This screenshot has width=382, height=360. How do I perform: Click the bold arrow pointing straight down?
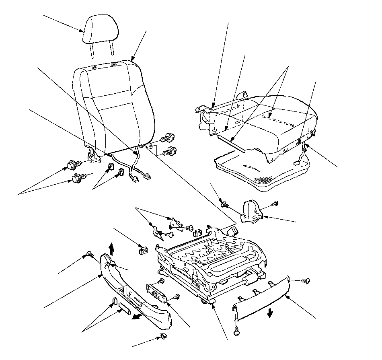click(269, 312)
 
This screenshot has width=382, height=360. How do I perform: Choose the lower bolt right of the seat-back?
click(169, 152)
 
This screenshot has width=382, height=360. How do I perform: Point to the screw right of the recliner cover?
click(275, 204)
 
